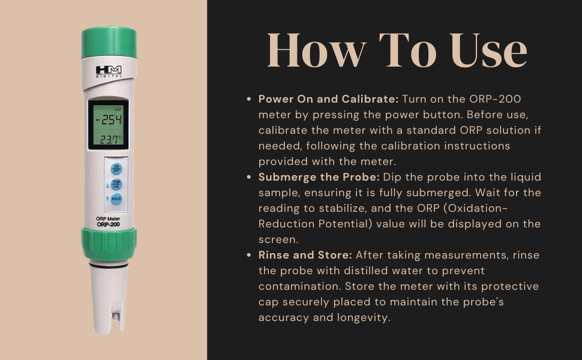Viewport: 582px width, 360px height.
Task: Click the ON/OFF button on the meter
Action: pyautogui.click(x=116, y=169)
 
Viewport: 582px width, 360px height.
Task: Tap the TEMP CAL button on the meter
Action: pyautogui.click(x=116, y=185)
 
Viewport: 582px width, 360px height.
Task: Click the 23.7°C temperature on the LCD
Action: pyautogui.click(x=110, y=139)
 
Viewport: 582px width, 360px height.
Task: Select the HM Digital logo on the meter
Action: pyautogui.click(x=109, y=71)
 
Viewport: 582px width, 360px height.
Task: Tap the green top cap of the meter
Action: pyautogui.click(x=109, y=43)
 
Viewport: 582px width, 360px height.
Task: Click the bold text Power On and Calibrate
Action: pyautogui.click(x=328, y=98)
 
